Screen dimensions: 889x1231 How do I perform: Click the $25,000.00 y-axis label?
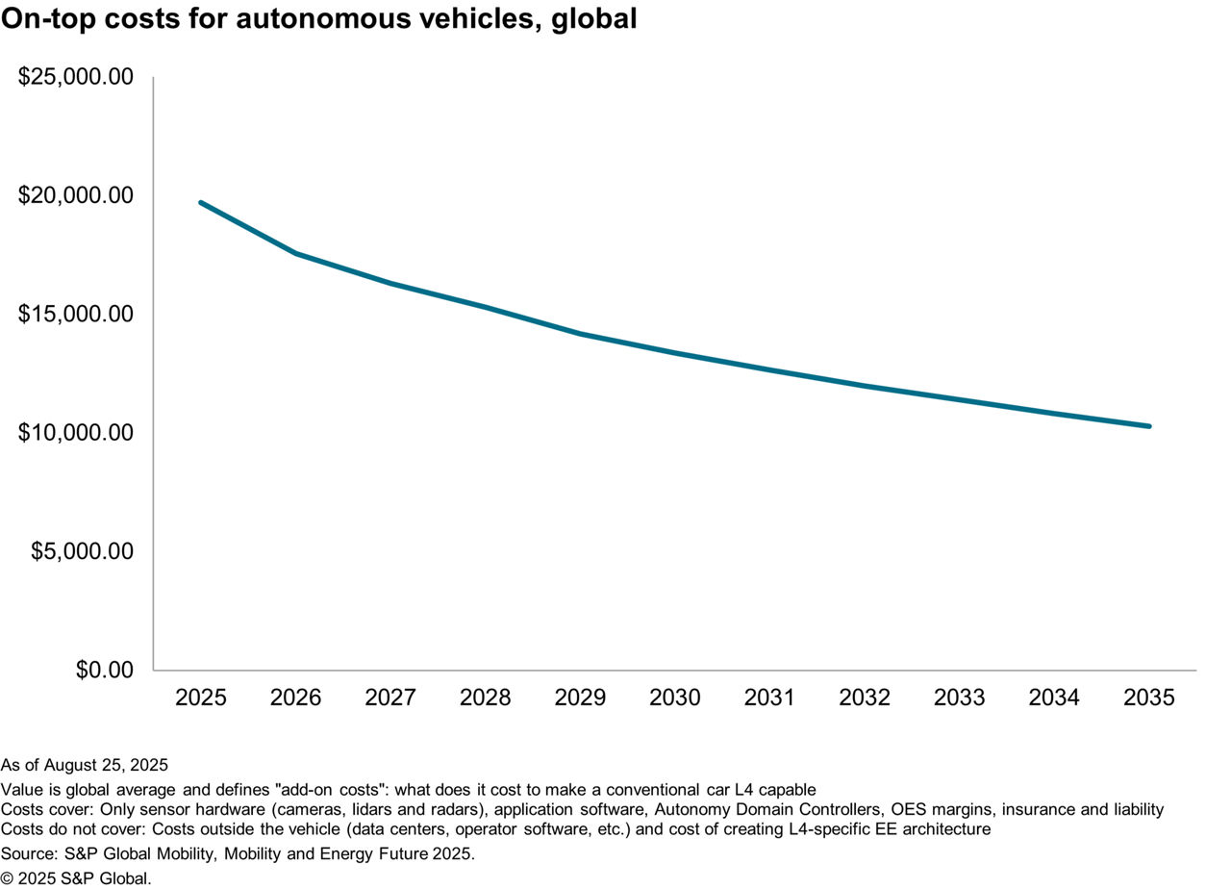tap(75, 77)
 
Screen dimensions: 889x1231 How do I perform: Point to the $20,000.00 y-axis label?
tap(75, 195)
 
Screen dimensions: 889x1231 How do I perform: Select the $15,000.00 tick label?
tap(75, 315)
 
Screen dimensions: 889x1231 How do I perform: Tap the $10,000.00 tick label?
tap(75, 433)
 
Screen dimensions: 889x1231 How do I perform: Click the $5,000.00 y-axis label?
tap(82, 551)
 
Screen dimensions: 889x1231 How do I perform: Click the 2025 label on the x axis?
tap(201, 698)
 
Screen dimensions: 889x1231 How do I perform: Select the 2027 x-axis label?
tap(390, 698)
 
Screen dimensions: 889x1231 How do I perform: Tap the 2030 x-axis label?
tap(675, 698)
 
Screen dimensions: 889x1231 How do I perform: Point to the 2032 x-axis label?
tap(865, 698)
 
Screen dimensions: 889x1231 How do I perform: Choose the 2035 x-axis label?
tap(1149, 698)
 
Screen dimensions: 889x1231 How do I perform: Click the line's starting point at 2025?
tap(201, 202)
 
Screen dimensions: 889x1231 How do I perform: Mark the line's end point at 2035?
tap(1149, 426)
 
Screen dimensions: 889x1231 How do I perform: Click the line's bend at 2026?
tap(296, 254)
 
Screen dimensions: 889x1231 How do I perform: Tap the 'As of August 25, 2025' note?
tap(85, 766)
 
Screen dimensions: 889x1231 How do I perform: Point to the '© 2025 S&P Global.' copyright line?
tap(76, 876)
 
